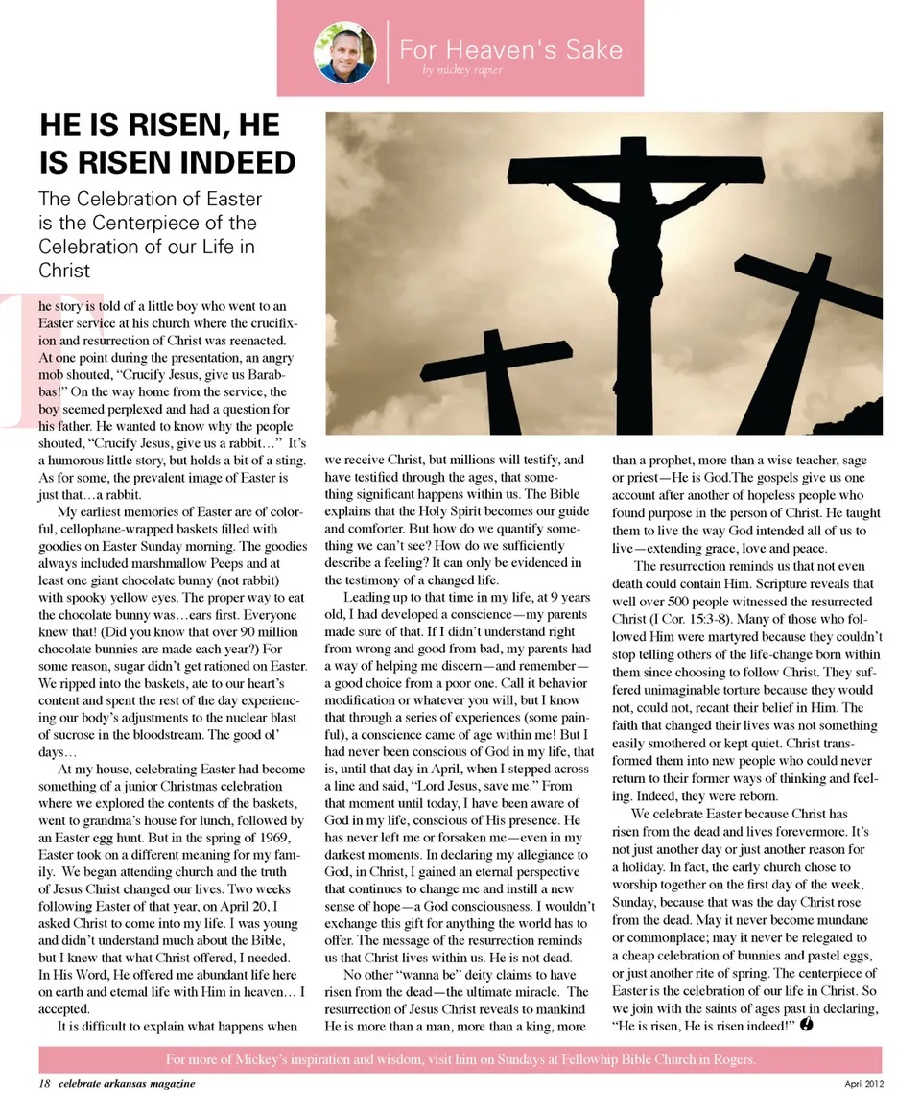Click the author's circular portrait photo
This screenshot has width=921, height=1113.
click(x=344, y=52)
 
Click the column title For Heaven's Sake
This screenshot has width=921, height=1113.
click(x=510, y=49)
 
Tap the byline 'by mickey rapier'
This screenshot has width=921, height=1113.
click(x=462, y=71)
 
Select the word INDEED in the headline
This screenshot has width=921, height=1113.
click(x=241, y=161)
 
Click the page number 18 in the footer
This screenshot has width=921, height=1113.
click(x=44, y=1083)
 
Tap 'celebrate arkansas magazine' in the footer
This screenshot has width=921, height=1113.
click(x=127, y=1083)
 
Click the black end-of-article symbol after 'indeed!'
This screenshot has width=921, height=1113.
click(x=807, y=1025)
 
